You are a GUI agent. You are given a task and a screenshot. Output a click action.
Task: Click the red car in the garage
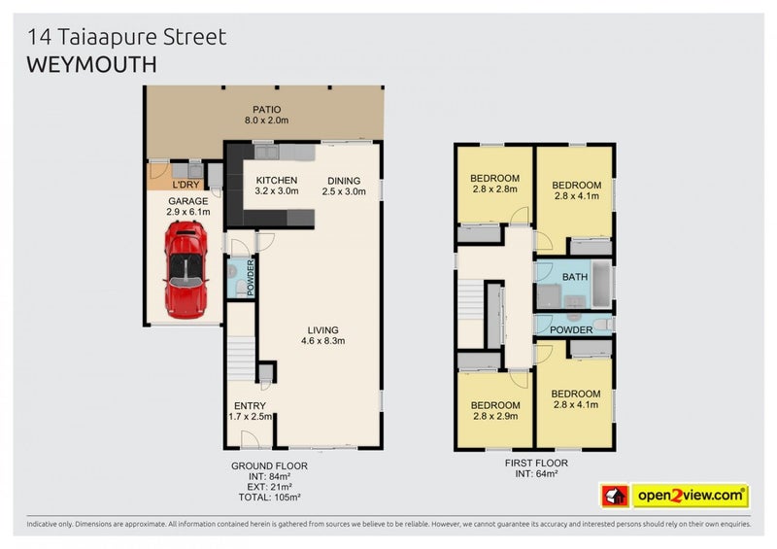tap(185, 269)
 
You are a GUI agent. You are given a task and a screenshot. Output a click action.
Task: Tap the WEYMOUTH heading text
tap(90, 64)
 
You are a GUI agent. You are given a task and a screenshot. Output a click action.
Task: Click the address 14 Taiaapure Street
tap(127, 37)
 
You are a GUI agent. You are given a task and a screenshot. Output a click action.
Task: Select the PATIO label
tap(266, 109)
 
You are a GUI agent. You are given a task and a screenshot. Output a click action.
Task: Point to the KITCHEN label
tap(277, 180)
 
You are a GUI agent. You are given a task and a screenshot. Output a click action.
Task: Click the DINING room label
tap(344, 180)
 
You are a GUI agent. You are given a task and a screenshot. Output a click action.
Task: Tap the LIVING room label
tap(322, 328)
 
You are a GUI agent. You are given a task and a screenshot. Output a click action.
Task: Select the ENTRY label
tap(250, 406)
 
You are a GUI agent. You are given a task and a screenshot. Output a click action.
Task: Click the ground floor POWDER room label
tap(250, 276)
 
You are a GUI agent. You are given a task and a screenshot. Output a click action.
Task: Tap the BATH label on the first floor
tap(575, 277)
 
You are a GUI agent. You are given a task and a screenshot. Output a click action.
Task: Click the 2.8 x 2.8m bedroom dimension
tap(494, 190)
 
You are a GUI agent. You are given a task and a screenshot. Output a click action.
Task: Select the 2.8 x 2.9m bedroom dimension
tap(494, 416)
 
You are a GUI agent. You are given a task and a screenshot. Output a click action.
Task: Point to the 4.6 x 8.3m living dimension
tap(322, 341)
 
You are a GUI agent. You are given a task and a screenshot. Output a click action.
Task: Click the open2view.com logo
tap(691, 496)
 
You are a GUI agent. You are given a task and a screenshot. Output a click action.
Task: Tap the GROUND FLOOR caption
tap(269, 465)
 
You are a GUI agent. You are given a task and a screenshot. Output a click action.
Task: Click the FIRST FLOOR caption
tap(534, 463)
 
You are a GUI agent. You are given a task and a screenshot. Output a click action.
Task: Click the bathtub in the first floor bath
tap(602, 281)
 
